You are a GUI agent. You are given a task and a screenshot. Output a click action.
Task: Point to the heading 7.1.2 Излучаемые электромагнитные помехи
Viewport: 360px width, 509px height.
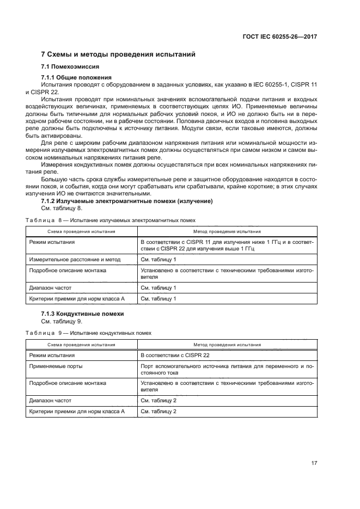[126, 201]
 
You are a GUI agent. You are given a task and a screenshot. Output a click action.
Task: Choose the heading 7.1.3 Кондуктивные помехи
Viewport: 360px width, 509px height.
[83, 314]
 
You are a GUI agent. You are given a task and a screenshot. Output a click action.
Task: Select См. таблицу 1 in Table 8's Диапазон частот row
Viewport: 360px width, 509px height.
[158, 287]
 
